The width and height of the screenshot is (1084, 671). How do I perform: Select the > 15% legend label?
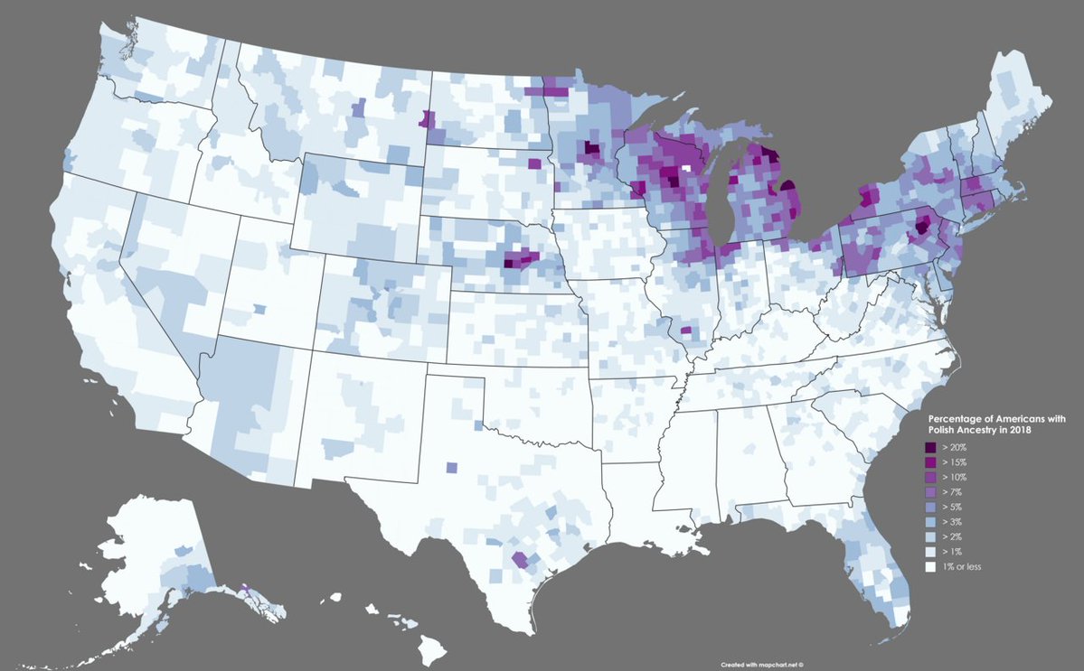(954, 462)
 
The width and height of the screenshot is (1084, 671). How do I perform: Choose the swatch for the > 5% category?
(930, 508)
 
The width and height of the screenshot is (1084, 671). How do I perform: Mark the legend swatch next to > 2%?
(930, 537)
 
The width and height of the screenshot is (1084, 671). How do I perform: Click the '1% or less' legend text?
(962, 566)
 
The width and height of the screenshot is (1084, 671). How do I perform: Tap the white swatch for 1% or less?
(930, 566)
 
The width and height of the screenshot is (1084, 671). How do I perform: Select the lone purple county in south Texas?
(520, 559)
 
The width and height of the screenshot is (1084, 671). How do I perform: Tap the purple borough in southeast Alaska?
(246, 588)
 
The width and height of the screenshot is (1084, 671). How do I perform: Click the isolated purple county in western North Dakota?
(427, 119)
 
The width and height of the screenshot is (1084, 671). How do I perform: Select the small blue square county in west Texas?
(451, 467)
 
